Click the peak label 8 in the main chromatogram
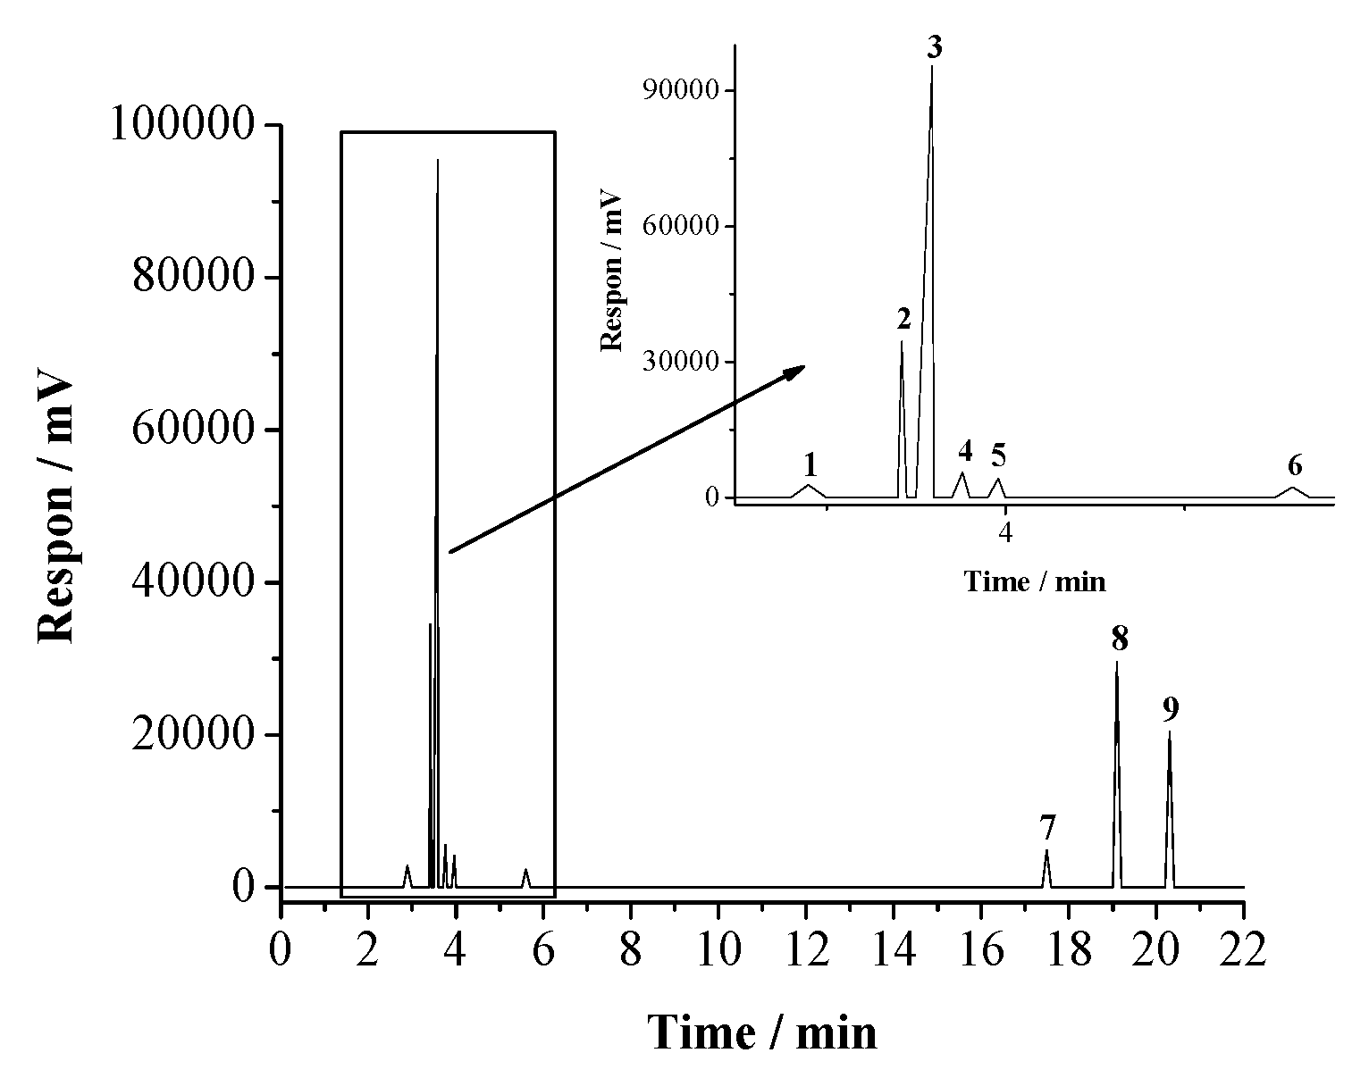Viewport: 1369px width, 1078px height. (x=1120, y=639)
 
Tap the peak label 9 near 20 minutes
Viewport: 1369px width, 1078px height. (x=1171, y=709)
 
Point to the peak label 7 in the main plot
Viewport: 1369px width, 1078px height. (x=1048, y=828)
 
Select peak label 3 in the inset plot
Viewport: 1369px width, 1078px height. (x=934, y=46)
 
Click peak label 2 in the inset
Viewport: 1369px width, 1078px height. (x=903, y=319)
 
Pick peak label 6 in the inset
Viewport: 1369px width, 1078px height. (x=1295, y=465)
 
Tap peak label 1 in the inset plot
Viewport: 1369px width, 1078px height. (x=810, y=464)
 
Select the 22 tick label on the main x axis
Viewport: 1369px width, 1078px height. (x=1243, y=950)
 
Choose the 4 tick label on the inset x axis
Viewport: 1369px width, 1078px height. (x=1006, y=534)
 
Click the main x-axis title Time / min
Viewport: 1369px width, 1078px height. (x=762, y=1032)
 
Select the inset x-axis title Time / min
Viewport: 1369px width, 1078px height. (x=1035, y=582)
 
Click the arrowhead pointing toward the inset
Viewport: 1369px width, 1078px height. (x=794, y=371)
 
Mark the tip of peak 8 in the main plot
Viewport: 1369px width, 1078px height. (x=1116, y=662)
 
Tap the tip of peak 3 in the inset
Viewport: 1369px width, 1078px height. (x=932, y=66)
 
